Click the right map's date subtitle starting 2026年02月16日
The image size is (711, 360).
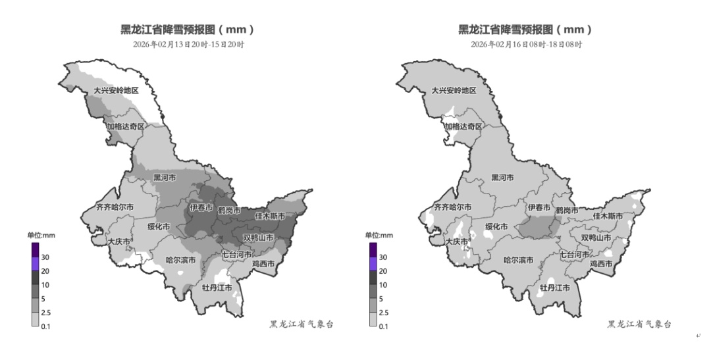[526, 45]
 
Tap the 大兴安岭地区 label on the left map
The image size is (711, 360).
[116, 90]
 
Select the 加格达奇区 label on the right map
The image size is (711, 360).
[463, 126]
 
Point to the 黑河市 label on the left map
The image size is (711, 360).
[165, 178]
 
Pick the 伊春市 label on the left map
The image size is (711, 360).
[201, 208]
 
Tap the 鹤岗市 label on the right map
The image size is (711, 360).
[567, 211]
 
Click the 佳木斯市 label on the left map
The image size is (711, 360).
[270, 215]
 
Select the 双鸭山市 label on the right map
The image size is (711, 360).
[596, 238]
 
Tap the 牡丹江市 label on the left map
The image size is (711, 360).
[217, 288]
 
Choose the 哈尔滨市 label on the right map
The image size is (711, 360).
[519, 260]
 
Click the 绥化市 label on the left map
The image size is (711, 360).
[158, 226]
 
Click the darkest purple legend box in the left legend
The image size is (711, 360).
[36, 249]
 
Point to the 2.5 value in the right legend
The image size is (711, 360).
[383, 313]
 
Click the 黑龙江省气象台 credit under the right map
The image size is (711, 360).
[639, 324]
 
